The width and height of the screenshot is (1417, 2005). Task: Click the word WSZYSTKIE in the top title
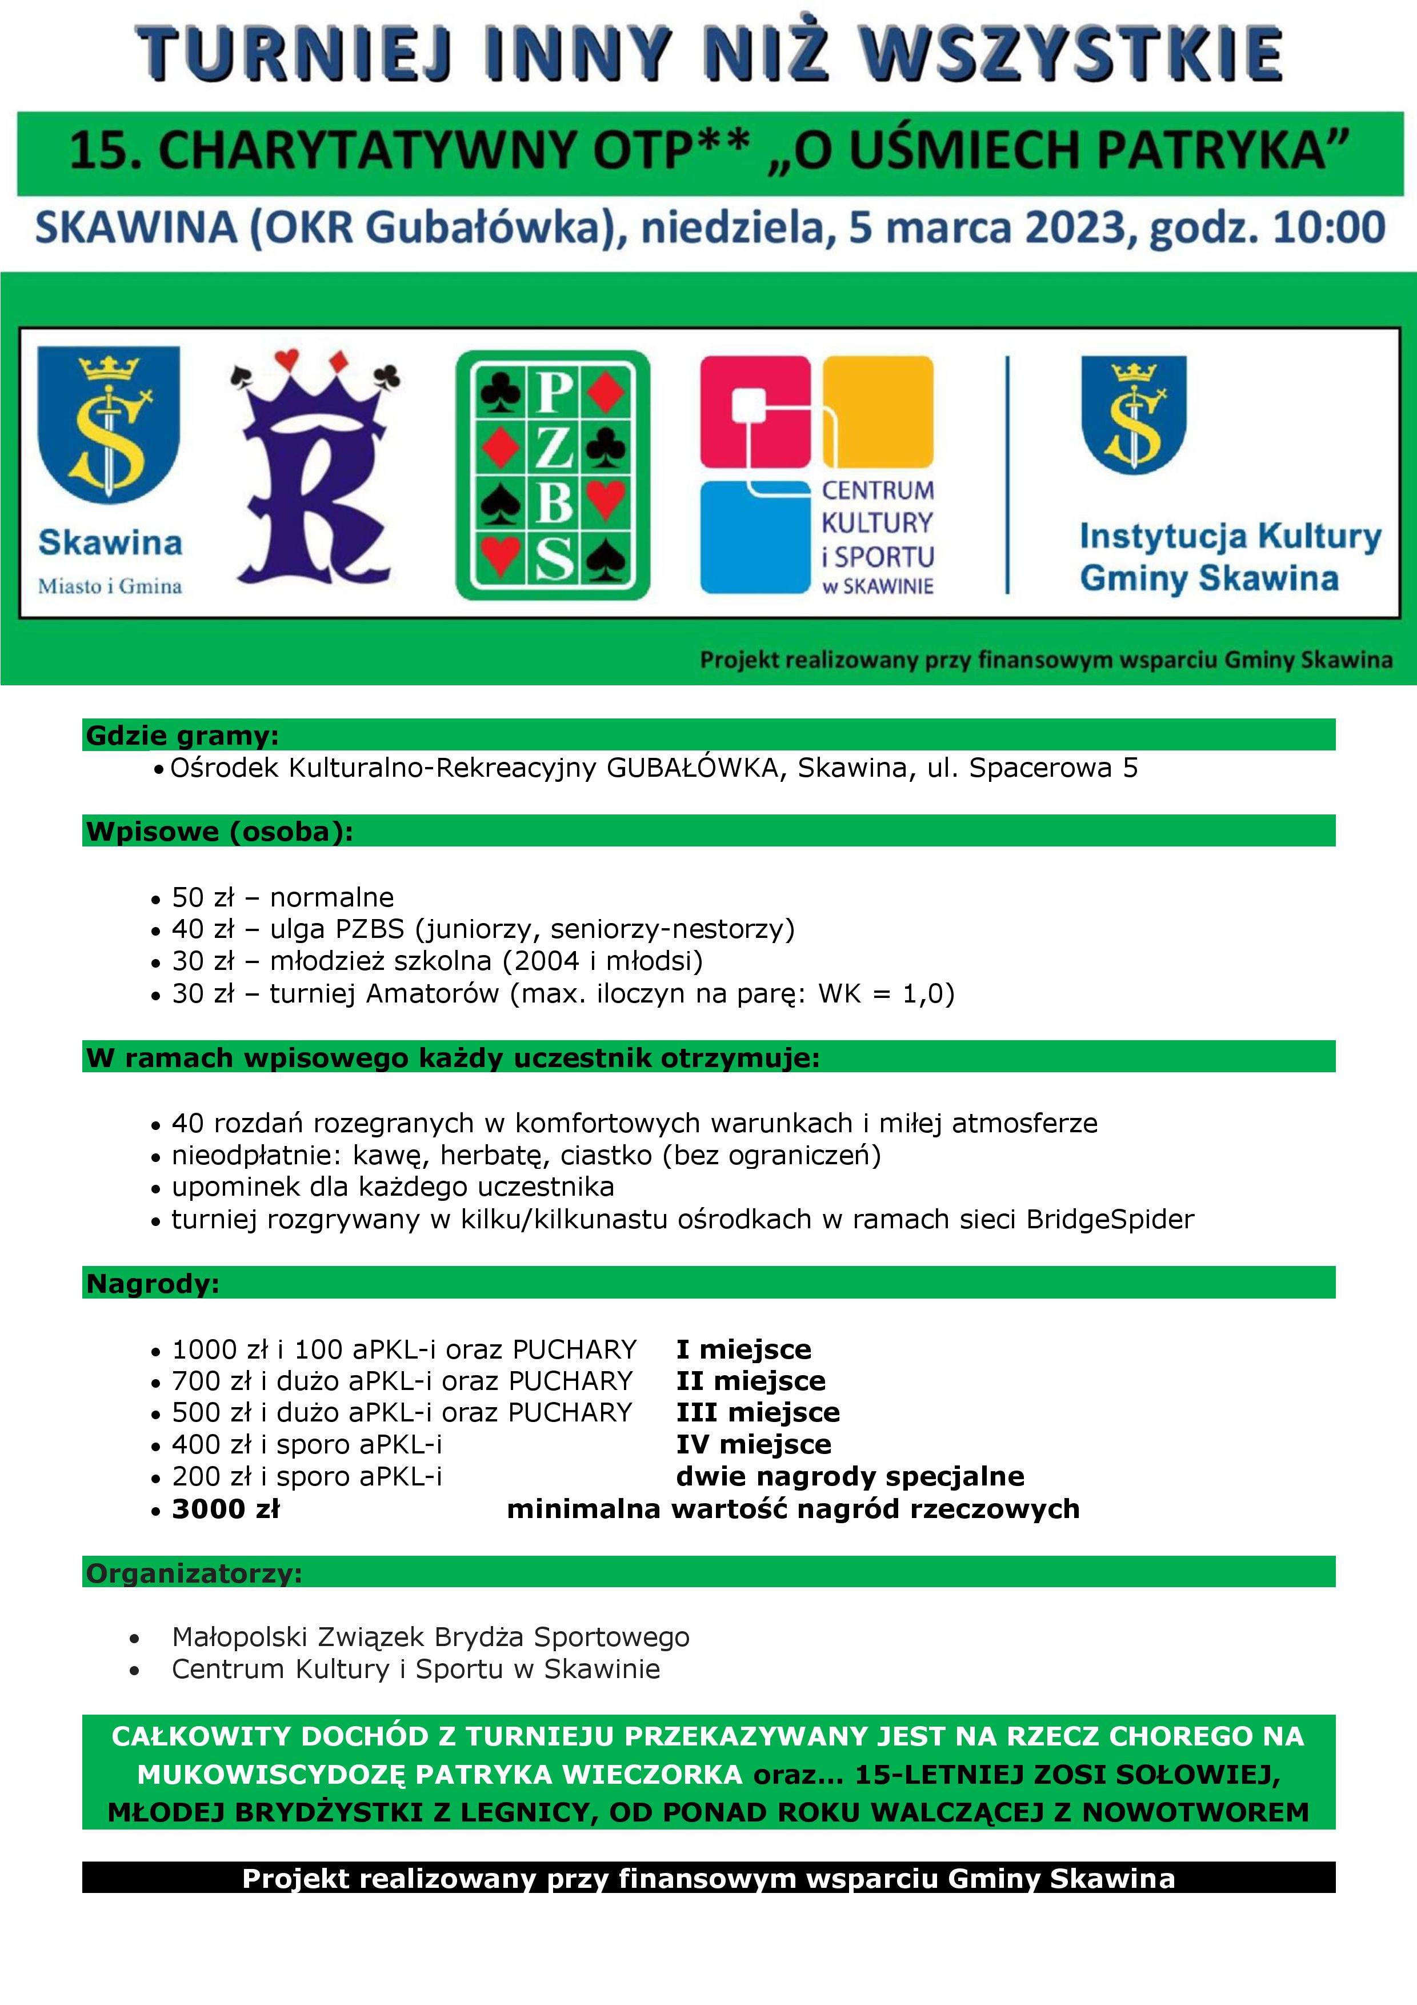click(x=1071, y=54)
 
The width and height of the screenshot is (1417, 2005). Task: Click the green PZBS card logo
click(x=553, y=475)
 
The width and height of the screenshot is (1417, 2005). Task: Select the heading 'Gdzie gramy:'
click(x=182, y=735)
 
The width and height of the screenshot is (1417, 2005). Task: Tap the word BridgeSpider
click(x=1110, y=1219)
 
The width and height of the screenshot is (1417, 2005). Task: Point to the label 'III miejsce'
click(x=757, y=1412)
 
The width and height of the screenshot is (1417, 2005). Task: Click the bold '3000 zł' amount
click(x=225, y=1508)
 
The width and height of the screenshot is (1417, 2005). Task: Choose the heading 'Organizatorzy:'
click(x=194, y=1573)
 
